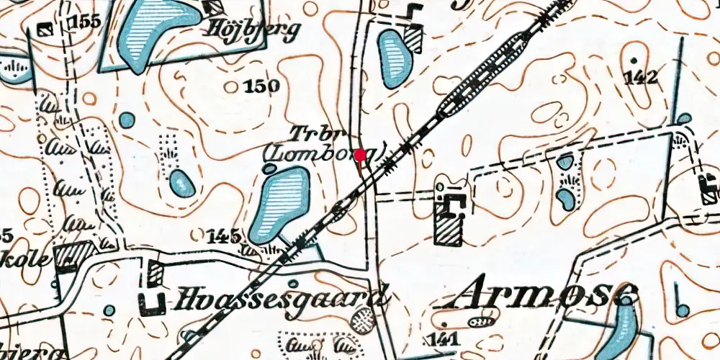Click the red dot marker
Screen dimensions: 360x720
pos(361,153)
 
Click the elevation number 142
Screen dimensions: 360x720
pos(642,78)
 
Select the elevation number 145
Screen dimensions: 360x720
pos(224,235)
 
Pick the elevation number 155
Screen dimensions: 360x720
pos(84,23)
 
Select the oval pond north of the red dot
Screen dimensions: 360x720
pos(392,58)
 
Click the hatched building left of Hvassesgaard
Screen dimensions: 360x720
pos(156,273)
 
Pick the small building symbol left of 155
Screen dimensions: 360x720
pos(45,29)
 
